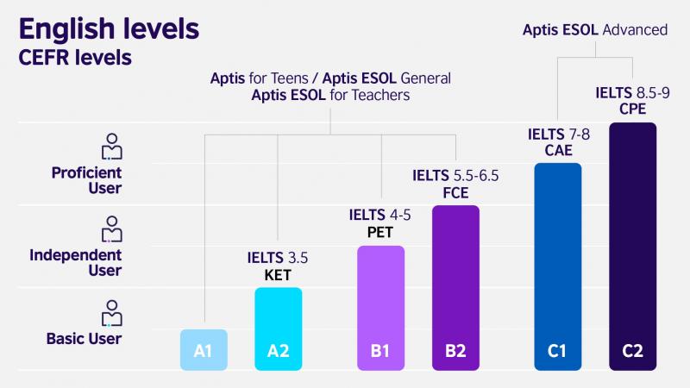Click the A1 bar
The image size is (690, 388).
[x=204, y=350]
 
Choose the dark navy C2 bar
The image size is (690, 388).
[x=632, y=247]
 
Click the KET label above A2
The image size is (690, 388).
[x=278, y=276]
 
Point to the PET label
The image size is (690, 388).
[x=381, y=234]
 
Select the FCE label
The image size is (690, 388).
[x=455, y=192]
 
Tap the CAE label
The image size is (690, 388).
[x=558, y=151]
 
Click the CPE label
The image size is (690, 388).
[x=632, y=110]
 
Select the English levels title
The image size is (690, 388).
[x=109, y=29]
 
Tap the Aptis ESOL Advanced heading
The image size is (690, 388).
[x=595, y=30]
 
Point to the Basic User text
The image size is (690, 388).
[x=84, y=339]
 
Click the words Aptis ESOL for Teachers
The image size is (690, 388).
[x=330, y=96]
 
